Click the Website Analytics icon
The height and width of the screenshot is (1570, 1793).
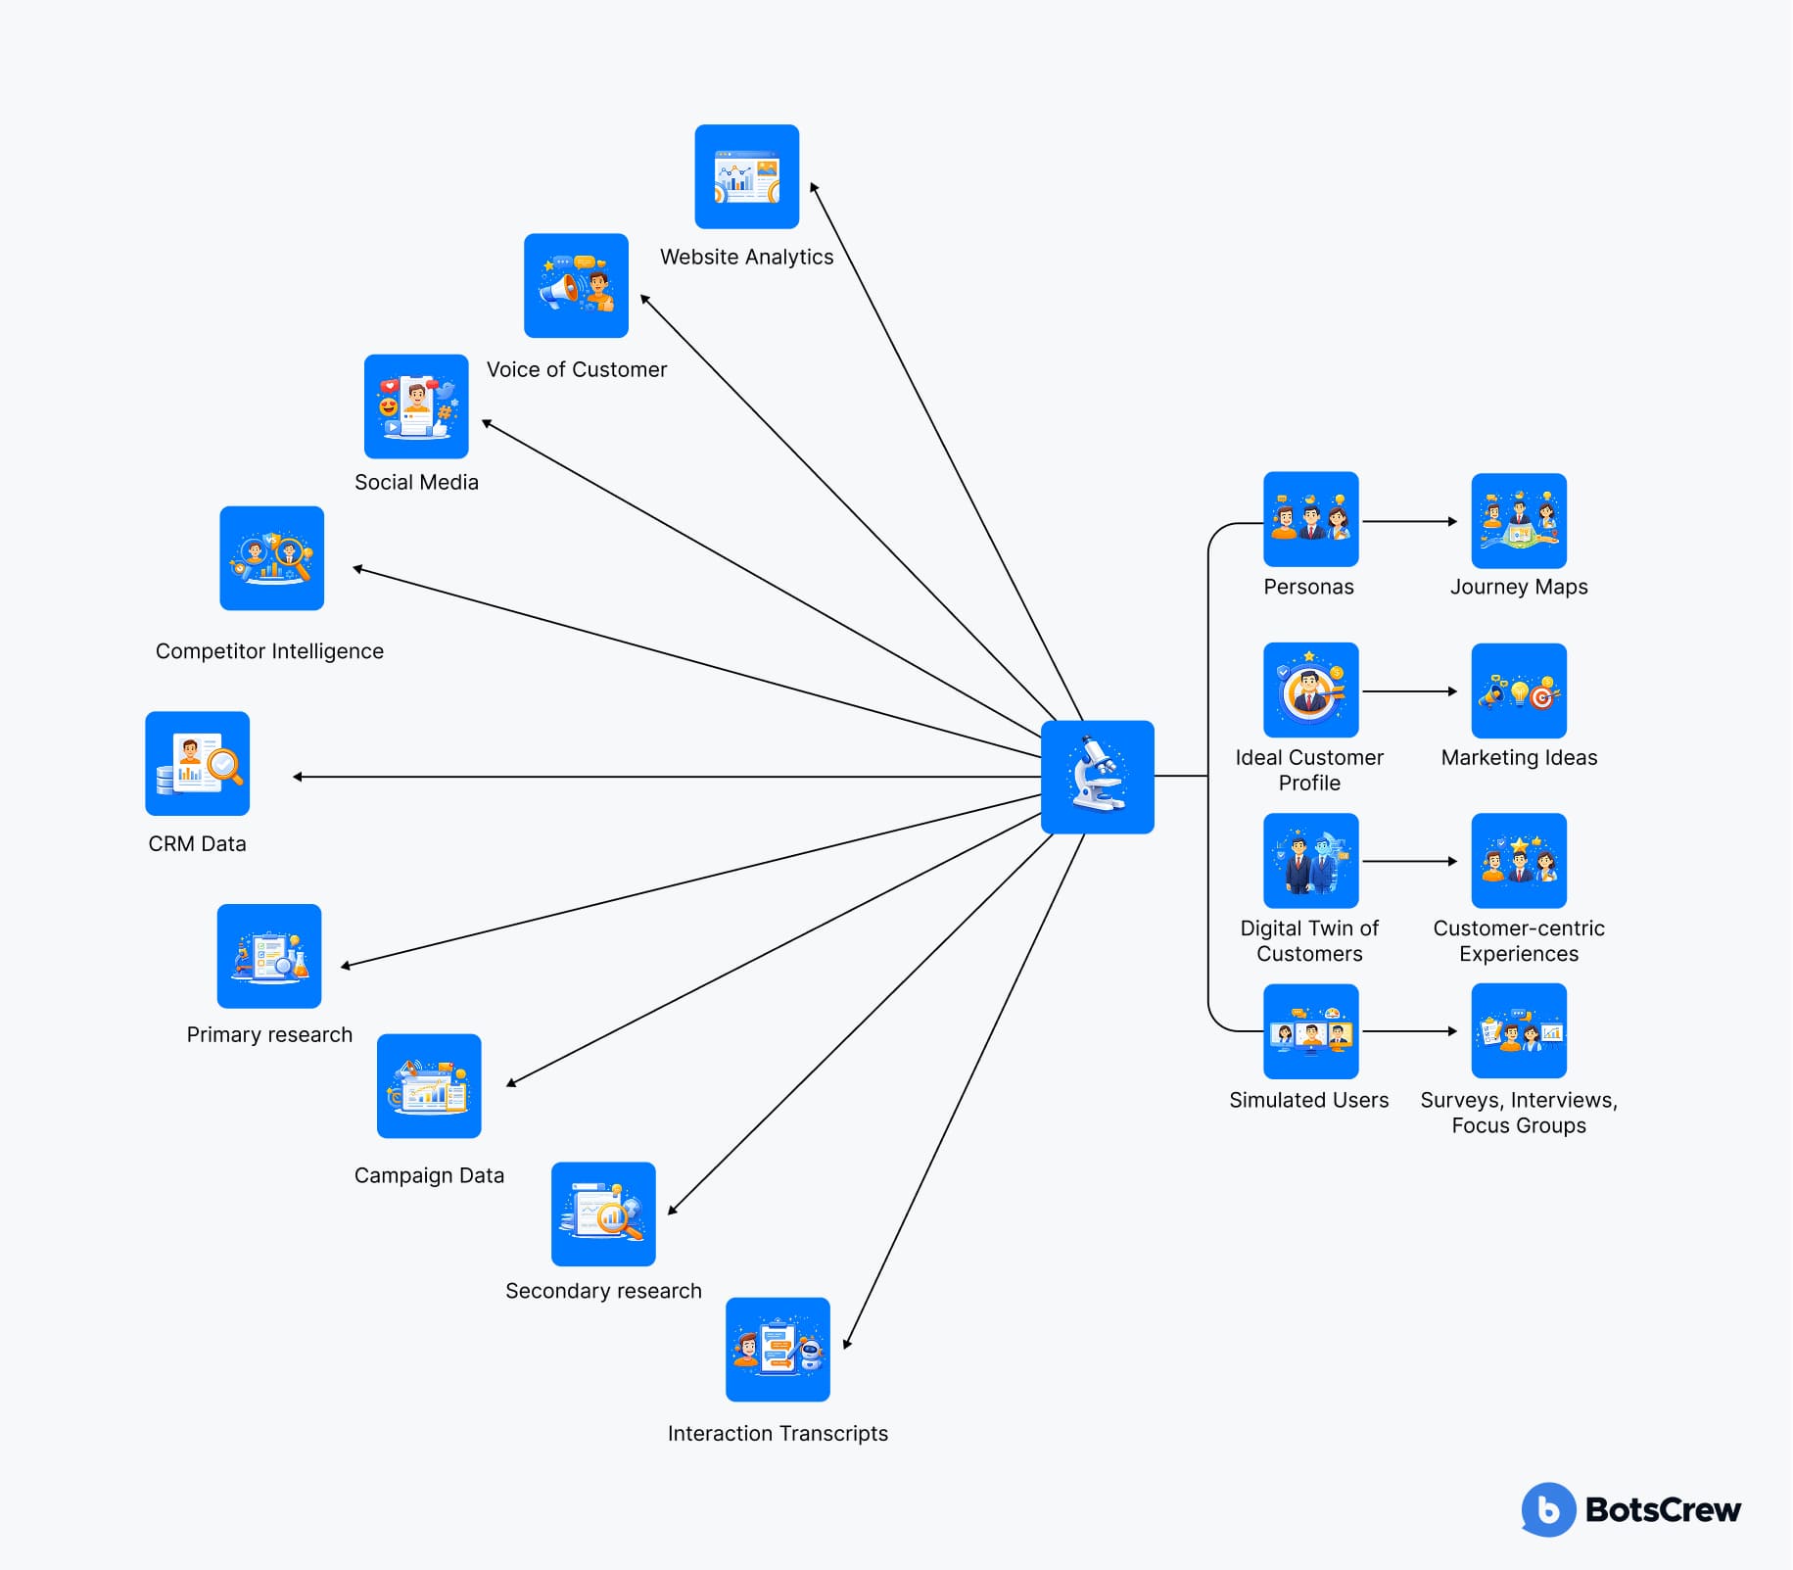(746, 176)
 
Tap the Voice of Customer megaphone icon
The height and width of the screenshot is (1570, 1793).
(576, 285)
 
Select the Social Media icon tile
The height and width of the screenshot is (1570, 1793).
(416, 406)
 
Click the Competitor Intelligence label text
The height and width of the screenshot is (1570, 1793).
(269, 651)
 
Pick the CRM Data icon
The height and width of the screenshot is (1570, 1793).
(197, 763)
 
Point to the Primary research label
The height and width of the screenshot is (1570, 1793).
(269, 1034)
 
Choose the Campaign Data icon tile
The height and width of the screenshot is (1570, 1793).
(429, 1085)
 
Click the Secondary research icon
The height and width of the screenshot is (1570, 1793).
(603, 1213)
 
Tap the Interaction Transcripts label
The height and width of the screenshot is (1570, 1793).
(778, 1433)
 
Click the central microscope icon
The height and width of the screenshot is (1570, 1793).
(1097, 777)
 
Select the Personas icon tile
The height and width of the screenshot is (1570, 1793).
(1310, 519)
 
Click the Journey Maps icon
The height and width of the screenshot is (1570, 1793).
(1518, 520)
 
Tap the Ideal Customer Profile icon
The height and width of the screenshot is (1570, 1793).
(1310, 690)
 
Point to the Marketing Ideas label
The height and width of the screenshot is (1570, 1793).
(1518, 757)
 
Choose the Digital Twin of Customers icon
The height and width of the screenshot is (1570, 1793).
(1310, 860)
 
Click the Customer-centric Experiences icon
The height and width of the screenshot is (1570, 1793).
(1518, 860)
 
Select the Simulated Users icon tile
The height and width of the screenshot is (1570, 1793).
(1310, 1031)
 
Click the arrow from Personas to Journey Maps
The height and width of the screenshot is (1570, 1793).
(1409, 521)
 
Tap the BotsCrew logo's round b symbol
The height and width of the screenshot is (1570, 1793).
(1548, 1509)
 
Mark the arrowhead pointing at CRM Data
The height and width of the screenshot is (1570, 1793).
(298, 777)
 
